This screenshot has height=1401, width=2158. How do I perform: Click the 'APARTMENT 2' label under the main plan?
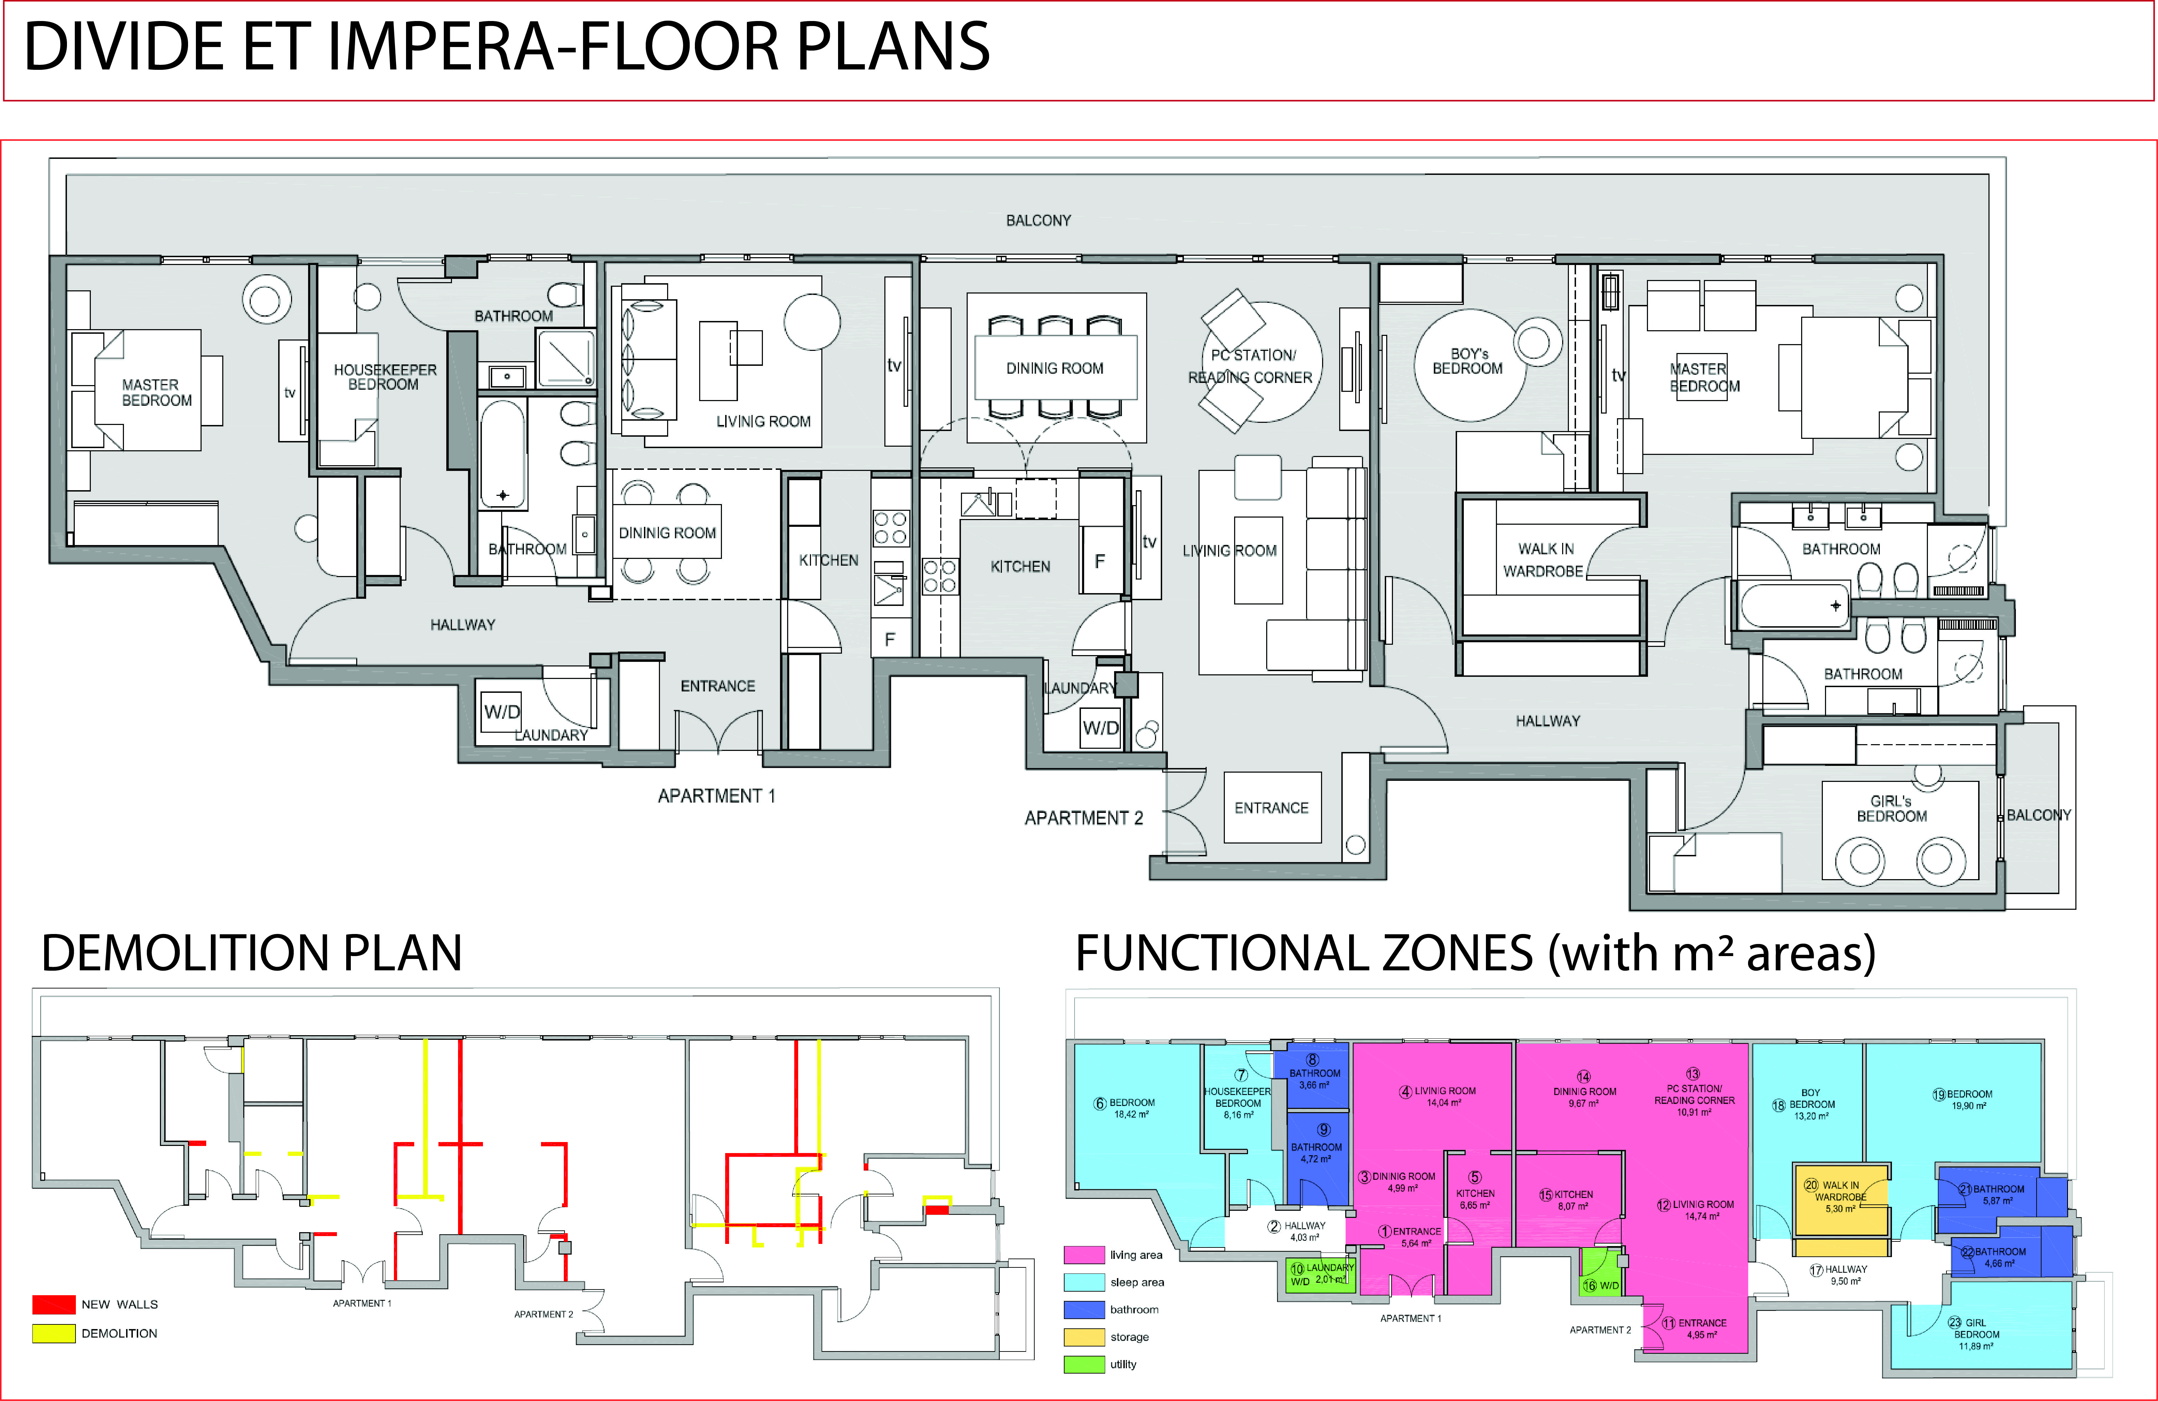click(1083, 818)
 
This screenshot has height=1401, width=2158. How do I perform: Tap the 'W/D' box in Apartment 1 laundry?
click(501, 712)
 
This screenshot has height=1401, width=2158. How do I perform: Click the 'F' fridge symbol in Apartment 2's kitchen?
click(1100, 562)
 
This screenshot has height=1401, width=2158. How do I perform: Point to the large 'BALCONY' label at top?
click(1038, 220)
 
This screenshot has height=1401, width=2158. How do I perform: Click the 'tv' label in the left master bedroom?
click(290, 393)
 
